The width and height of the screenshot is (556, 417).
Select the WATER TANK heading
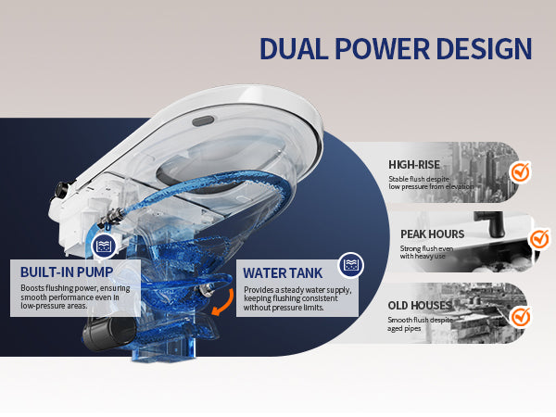[x=283, y=273]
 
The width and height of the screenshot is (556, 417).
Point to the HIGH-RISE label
[x=414, y=164]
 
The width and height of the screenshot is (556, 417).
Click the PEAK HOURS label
[x=426, y=234]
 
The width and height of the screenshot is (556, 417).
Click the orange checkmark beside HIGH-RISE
[x=521, y=172]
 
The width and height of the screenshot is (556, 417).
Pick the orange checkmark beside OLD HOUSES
[x=521, y=317]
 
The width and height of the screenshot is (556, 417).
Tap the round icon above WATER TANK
[x=350, y=265]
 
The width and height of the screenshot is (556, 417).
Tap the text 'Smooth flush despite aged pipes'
[x=420, y=324]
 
